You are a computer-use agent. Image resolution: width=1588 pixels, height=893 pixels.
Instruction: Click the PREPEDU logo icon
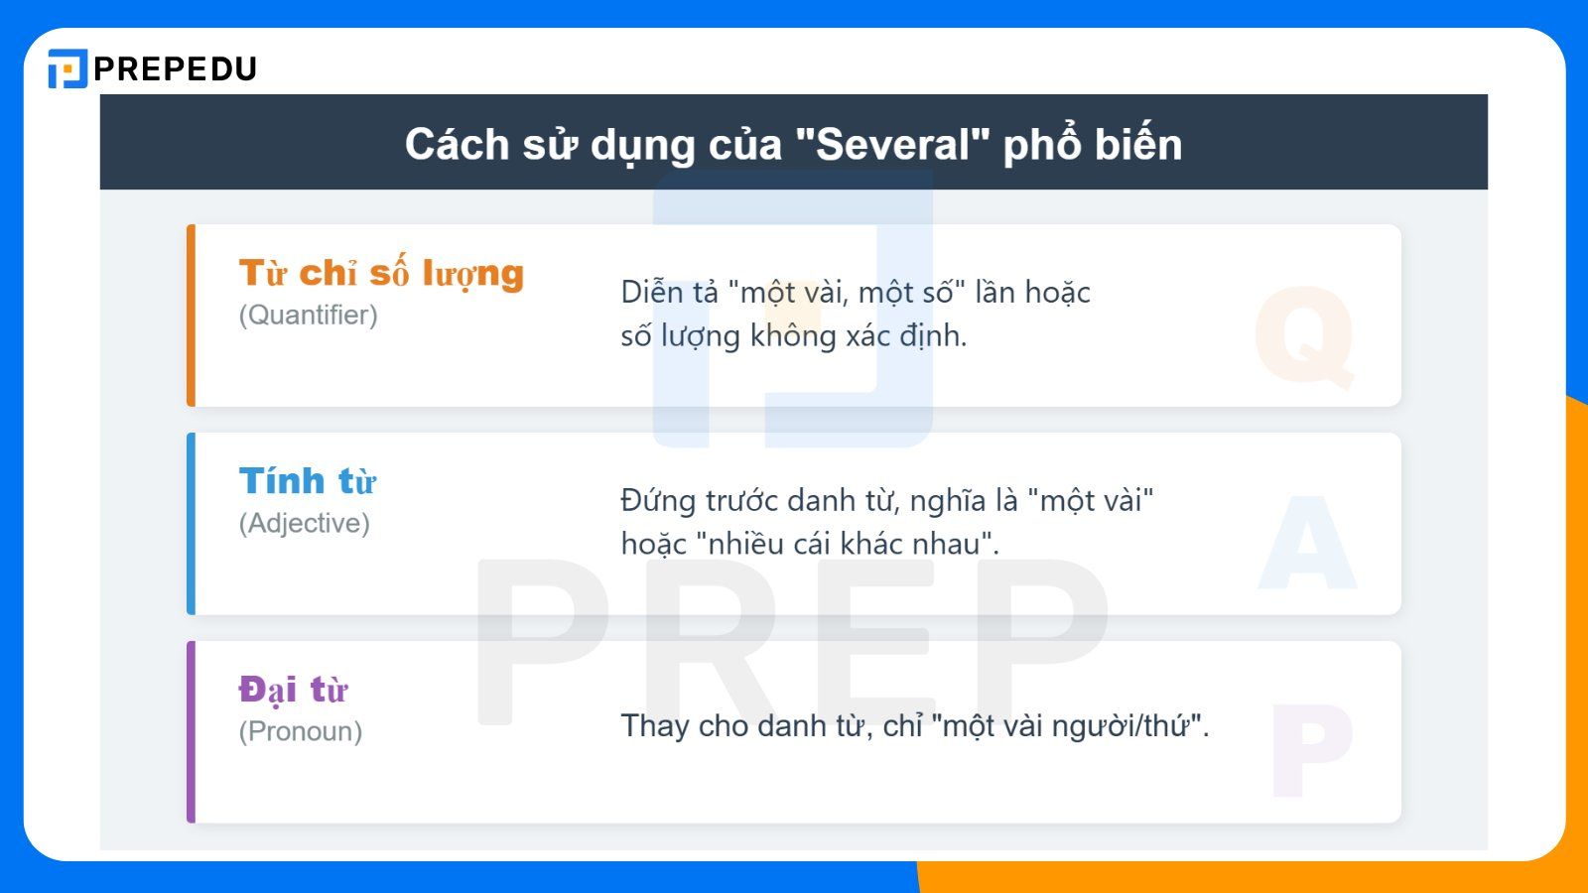67,68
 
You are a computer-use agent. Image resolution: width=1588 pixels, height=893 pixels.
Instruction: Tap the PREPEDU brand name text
175,68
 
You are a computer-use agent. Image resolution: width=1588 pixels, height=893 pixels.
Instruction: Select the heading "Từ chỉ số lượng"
381,273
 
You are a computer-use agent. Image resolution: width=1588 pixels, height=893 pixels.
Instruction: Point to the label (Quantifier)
308,316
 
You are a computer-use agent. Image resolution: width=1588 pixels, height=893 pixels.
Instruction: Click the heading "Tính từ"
308,481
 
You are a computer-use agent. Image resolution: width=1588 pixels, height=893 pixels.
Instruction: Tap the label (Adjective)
304,524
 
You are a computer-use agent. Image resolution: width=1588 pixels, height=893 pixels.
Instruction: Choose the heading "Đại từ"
294,690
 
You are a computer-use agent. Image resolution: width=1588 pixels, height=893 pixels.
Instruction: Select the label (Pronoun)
300,732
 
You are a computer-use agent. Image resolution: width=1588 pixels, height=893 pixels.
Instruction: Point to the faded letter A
1307,544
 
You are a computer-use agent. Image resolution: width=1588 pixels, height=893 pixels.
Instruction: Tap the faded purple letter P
1310,750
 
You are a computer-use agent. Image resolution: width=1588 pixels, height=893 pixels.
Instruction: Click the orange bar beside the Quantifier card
192,316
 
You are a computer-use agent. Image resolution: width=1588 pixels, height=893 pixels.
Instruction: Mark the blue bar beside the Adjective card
192,524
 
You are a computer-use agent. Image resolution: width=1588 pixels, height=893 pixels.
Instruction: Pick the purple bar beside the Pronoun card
192,732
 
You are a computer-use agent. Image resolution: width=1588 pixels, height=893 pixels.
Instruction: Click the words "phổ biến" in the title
1092,145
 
